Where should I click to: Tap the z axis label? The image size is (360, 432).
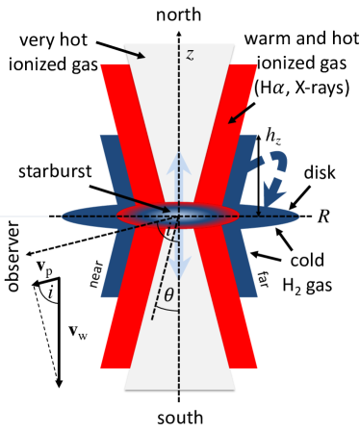point(190,56)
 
